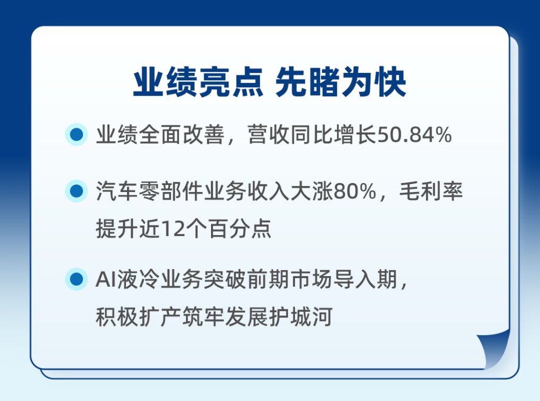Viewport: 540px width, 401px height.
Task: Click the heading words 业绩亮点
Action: (198, 82)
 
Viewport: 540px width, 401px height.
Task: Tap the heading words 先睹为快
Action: (341, 82)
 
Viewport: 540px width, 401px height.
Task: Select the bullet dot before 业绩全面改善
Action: (77, 135)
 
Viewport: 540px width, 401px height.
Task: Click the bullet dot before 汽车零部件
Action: (77, 191)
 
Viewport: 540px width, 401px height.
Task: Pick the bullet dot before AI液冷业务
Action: (77, 279)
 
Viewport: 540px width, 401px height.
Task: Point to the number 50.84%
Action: (414, 135)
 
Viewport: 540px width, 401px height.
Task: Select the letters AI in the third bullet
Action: (106, 279)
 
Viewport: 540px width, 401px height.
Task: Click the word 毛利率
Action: (431, 191)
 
